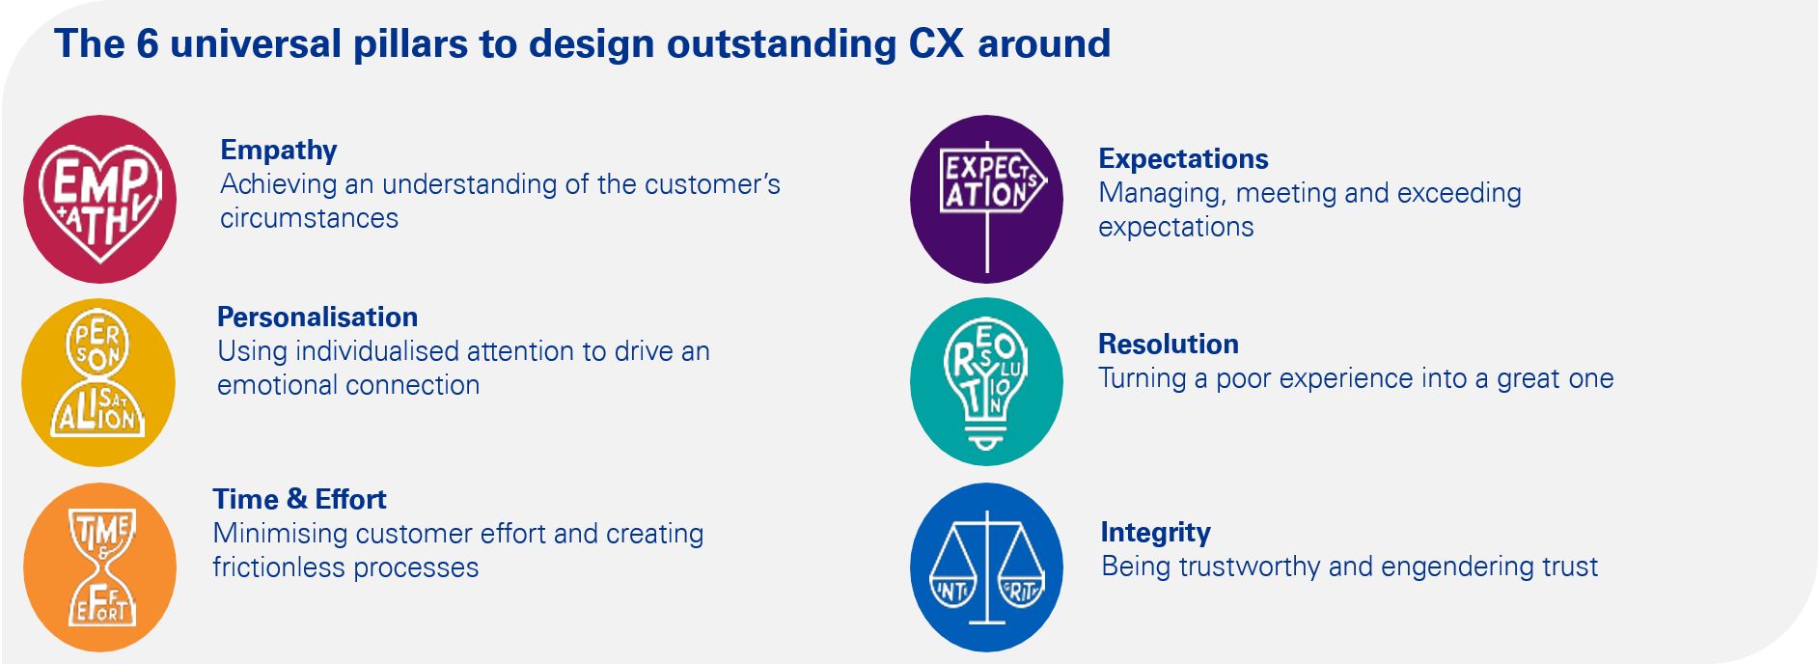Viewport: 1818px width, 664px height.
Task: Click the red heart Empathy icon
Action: [x=100, y=200]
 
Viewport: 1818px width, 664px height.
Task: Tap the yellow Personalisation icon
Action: [x=98, y=382]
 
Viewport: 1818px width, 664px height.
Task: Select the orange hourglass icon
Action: [x=100, y=567]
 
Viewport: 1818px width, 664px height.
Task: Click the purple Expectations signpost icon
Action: [x=986, y=200]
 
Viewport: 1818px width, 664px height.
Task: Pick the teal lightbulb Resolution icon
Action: [x=986, y=382]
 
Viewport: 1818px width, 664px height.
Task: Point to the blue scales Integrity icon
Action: [x=986, y=567]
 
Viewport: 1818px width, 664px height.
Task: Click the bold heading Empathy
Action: [x=279, y=151]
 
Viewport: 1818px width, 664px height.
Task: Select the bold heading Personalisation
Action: [x=317, y=317]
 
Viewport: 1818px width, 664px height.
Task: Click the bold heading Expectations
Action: [x=1183, y=158]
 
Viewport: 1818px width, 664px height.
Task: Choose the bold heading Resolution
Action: [x=1169, y=344]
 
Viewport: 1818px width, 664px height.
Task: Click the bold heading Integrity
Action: [x=1155, y=533]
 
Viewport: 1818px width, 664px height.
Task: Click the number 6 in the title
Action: [x=147, y=43]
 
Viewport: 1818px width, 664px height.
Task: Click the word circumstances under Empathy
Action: [x=309, y=218]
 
